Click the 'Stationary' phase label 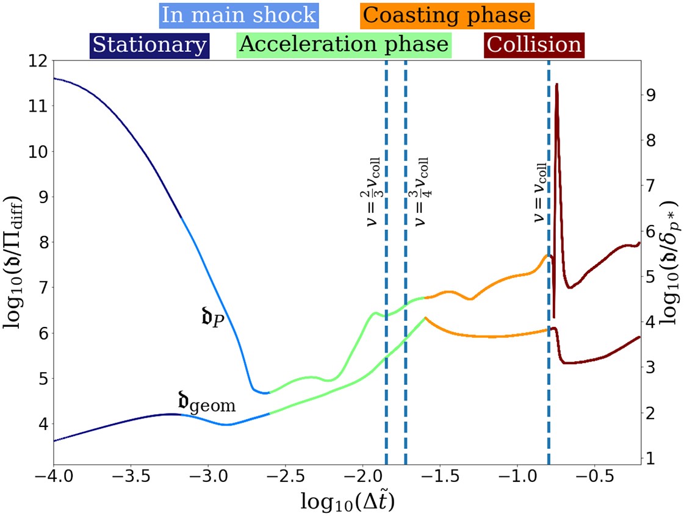click(x=149, y=45)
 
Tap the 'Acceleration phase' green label click(x=344, y=45)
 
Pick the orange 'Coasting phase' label click(x=447, y=15)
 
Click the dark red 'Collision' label click(x=534, y=45)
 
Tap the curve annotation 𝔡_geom click(x=206, y=402)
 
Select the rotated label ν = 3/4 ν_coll click(x=421, y=193)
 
